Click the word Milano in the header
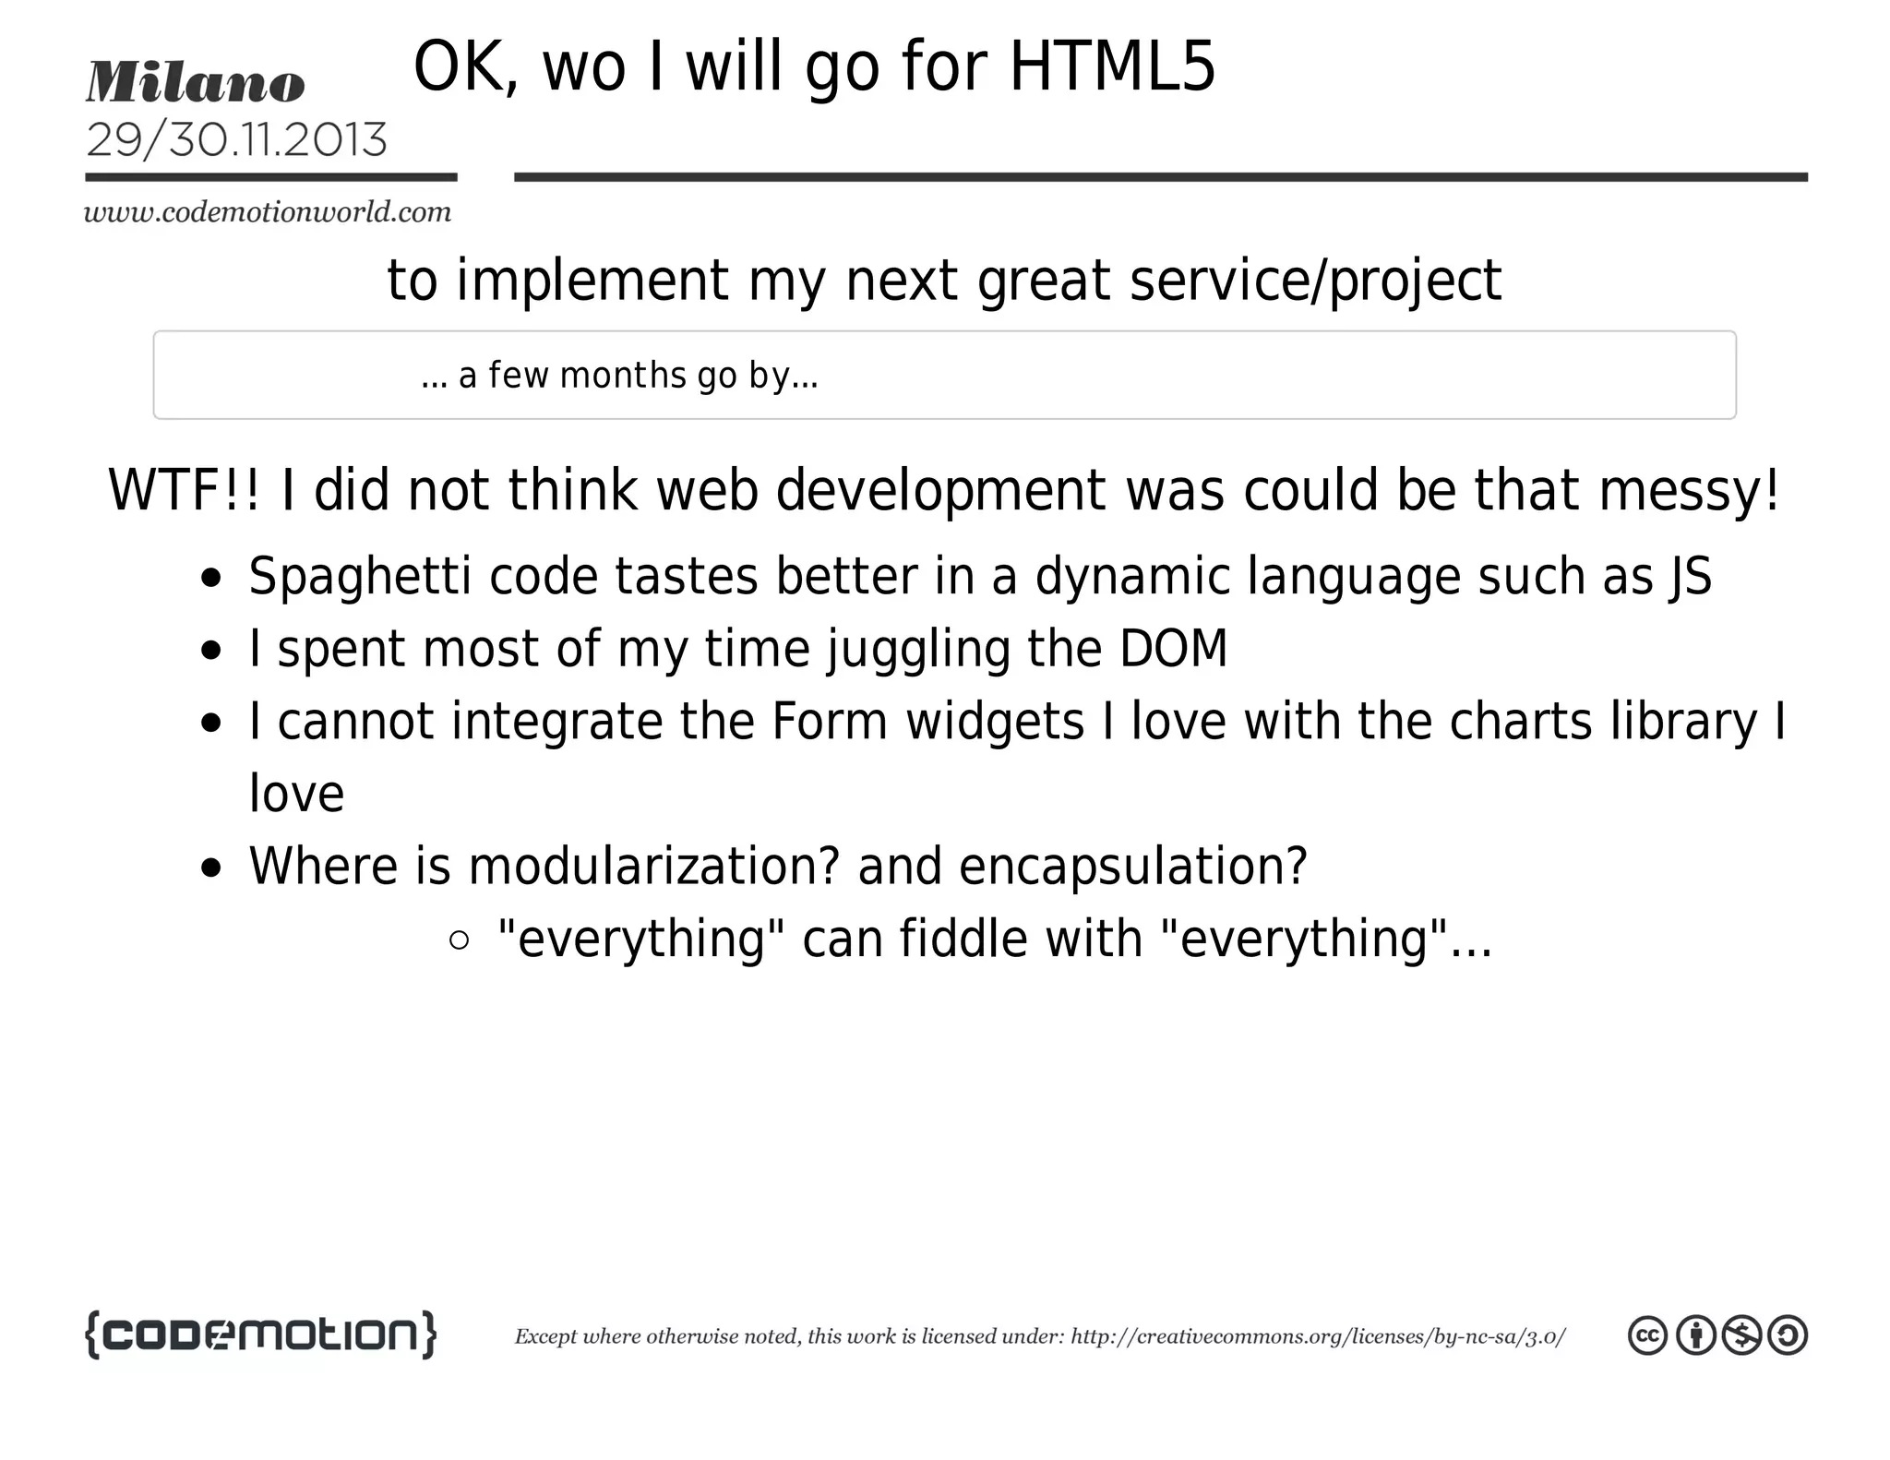pos(195,83)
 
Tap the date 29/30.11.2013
pos(236,140)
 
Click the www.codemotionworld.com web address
pos(268,213)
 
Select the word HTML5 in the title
pos(1112,67)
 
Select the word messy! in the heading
pos(1689,490)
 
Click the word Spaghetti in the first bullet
pos(360,577)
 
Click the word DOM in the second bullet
pos(1173,649)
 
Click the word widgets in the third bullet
pos(995,722)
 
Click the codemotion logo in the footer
pos(260,1334)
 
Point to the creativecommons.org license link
pos(1317,1337)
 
